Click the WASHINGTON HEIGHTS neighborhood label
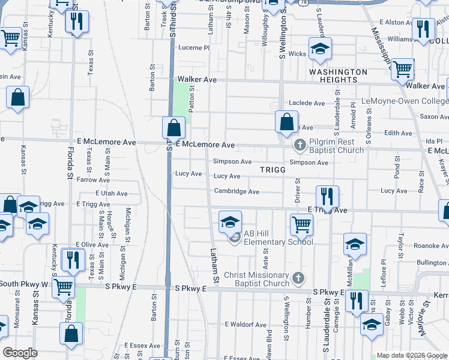pos(338,76)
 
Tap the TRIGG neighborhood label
pos(273,170)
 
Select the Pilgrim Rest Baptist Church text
pos(337,146)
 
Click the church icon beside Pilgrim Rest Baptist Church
pos(300,145)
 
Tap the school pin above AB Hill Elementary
pos(230,223)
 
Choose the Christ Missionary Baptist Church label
pos(256,280)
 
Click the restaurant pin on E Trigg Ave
pos(327,196)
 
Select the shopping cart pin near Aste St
pos(301,225)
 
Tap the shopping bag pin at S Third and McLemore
pos(173,128)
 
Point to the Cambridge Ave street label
pos(237,192)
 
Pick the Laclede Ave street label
pos(307,103)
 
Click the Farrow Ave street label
pos(93,179)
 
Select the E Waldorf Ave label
pos(245,325)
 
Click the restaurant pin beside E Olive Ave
pos(70,259)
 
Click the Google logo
pos(20,352)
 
